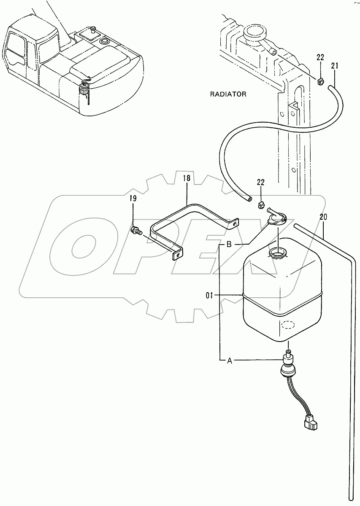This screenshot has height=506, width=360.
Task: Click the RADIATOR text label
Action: point(228,94)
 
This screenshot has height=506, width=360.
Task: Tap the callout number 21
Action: point(335,65)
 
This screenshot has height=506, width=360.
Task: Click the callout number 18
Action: point(187,178)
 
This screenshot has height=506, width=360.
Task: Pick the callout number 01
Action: point(210,296)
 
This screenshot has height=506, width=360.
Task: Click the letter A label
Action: point(230,361)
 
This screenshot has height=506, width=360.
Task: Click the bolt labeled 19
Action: point(135,230)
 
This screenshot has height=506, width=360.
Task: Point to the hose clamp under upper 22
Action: point(320,81)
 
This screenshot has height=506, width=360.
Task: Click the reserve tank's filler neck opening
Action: point(277,253)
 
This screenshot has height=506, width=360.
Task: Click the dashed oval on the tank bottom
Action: point(287,325)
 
